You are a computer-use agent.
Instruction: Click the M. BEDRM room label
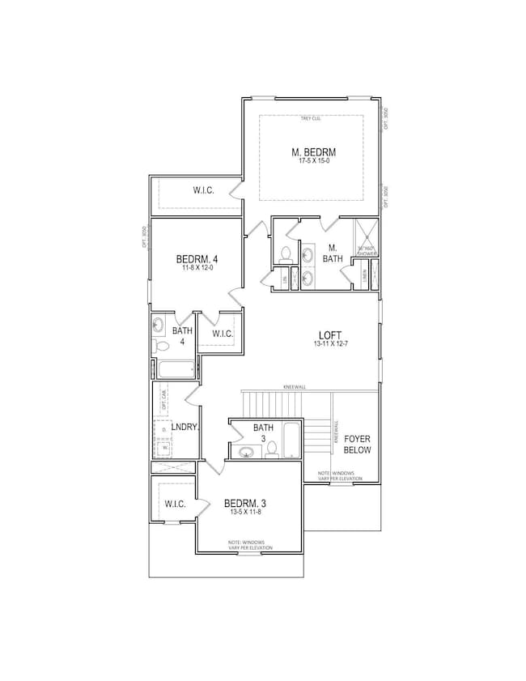point(313,151)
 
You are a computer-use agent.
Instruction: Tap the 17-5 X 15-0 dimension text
point(313,162)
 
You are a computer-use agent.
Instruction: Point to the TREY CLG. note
point(312,119)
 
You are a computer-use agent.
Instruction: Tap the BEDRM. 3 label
point(244,504)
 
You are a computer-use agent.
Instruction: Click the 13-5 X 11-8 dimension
point(244,513)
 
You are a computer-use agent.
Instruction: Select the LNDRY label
point(185,427)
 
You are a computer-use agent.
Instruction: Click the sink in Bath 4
point(159,326)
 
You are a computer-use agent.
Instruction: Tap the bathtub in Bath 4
point(174,369)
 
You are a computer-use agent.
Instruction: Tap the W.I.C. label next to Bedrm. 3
point(176,504)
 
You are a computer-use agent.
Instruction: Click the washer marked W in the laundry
point(164,445)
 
